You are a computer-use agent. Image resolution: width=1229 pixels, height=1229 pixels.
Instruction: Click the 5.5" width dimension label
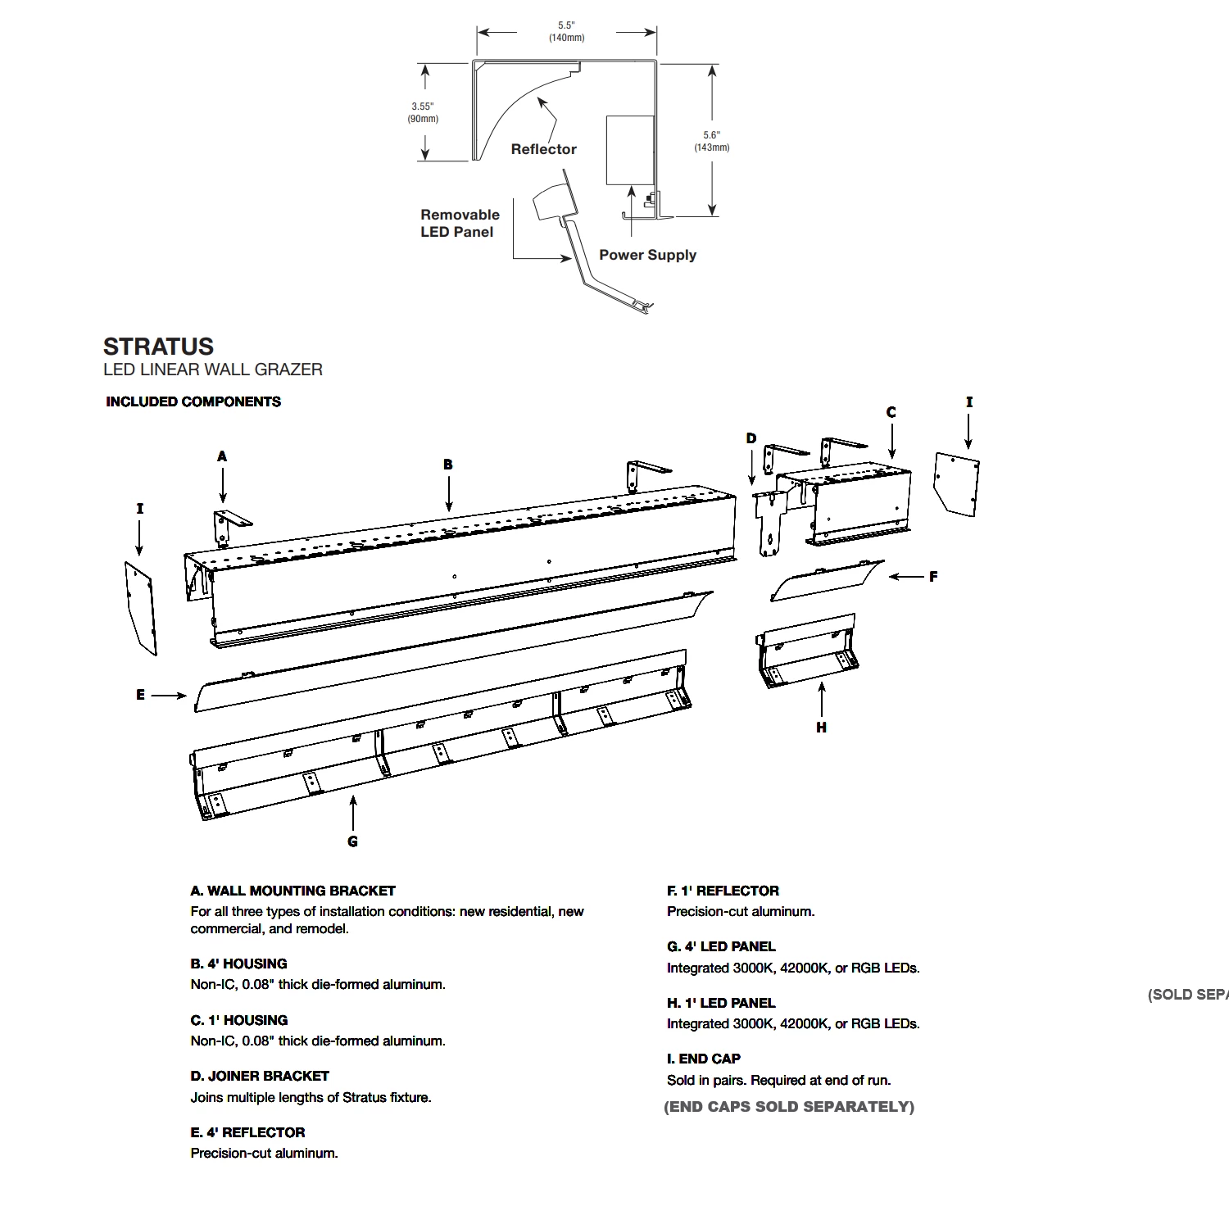tap(566, 31)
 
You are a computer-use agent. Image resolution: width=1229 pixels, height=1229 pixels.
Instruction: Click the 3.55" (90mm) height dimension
tap(423, 112)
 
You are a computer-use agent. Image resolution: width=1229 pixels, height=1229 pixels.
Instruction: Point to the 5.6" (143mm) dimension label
tap(711, 141)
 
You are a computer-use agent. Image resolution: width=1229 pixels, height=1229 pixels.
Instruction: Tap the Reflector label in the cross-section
tap(543, 149)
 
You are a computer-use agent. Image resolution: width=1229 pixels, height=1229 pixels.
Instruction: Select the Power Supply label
tap(647, 255)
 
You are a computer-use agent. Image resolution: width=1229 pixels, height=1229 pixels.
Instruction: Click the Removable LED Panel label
tap(459, 223)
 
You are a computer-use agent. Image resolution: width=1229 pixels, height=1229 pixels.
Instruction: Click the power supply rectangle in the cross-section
tap(629, 150)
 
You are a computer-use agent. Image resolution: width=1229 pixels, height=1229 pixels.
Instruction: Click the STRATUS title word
tap(158, 347)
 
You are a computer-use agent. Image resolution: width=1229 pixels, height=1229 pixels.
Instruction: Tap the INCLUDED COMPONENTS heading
tap(193, 401)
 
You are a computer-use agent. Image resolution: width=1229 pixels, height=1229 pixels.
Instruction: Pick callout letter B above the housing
tap(448, 465)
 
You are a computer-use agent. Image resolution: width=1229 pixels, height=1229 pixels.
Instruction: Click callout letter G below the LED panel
tap(352, 841)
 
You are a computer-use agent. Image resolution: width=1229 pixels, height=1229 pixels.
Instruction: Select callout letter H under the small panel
tap(821, 728)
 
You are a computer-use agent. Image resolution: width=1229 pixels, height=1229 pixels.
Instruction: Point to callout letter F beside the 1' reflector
tap(933, 577)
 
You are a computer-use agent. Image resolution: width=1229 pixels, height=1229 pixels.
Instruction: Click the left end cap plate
tap(140, 607)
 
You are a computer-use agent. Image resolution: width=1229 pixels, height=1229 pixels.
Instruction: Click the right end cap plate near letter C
tap(957, 483)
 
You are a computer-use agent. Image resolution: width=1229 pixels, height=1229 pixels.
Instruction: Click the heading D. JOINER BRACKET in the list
tap(260, 1076)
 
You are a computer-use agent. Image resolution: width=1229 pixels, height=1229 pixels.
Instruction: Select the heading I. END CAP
tap(703, 1059)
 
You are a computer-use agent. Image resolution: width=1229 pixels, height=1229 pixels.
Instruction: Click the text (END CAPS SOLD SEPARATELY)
tap(788, 1107)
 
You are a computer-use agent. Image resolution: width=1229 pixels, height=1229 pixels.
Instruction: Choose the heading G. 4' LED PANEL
tap(721, 946)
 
